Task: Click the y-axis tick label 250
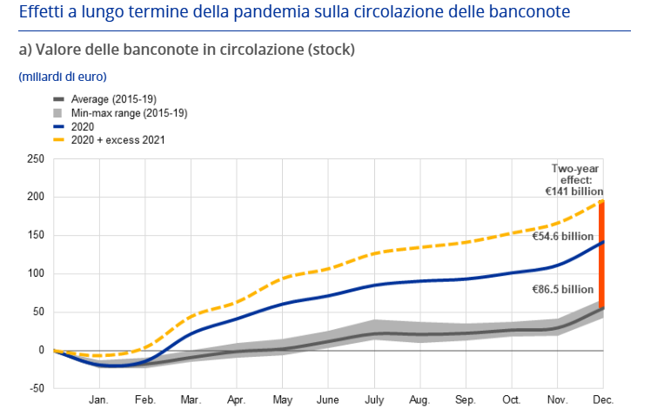(x=34, y=159)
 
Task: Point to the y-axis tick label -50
(x=34, y=389)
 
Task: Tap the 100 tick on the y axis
(x=34, y=274)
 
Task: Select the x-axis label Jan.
(x=98, y=400)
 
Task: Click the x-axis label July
(x=373, y=400)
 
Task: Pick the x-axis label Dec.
(x=602, y=400)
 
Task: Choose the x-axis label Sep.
(x=466, y=400)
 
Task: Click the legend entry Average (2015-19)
(x=113, y=100)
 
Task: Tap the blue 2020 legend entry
(x=83, y=126)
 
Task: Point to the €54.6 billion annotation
(x=563, y=237)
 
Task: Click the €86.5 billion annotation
(x=563, y=288)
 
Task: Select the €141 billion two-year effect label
(x=571, y=191)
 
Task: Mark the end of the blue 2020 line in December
(x=601, y=242)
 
